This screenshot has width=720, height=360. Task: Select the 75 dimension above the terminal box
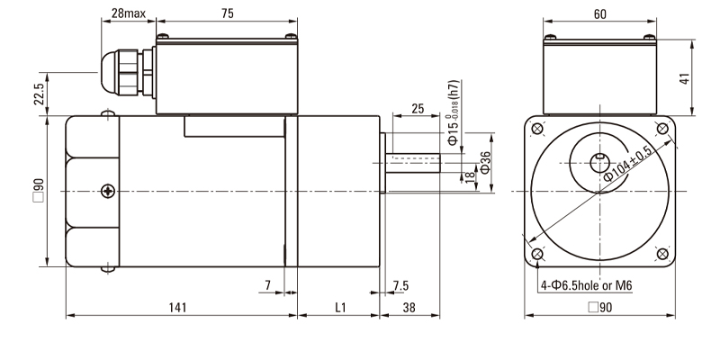pos(228,14)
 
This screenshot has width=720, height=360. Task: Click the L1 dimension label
pos(340,308)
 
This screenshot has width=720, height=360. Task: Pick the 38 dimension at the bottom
pos(409,308)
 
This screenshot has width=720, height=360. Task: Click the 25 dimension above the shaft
pos(417,108)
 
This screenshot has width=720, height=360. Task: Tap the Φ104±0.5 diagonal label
pos(629,163)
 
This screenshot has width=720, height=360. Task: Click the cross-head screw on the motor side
pos(109,191)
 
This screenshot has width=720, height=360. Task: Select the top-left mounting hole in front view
pos(538,129)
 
